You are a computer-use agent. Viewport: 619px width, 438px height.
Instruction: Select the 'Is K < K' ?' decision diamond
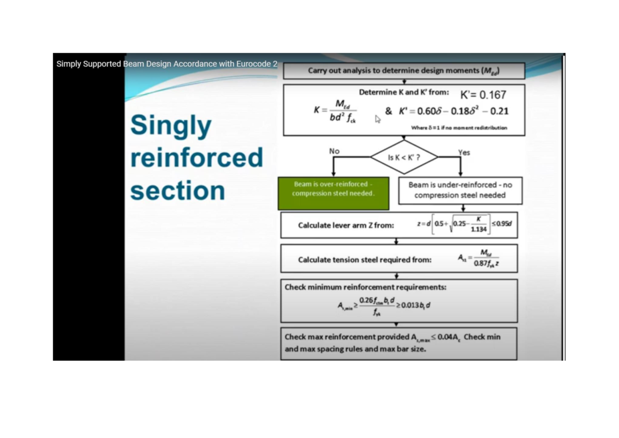[x=404, y=157]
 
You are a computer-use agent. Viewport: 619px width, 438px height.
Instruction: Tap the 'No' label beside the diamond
[x=334, y=151]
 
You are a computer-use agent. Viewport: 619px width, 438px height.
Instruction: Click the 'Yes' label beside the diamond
[x=464, y=152]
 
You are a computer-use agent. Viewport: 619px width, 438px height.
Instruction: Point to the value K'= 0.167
[x=483, y=95]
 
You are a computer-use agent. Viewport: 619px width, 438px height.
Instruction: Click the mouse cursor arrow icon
[x=378, y=119]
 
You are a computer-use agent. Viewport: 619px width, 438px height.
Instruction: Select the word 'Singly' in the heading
[x=171, y=125]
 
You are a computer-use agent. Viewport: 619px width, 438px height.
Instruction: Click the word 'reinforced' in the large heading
[x=197, y=157]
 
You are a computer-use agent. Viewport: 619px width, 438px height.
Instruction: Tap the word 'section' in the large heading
[x=177, y=190]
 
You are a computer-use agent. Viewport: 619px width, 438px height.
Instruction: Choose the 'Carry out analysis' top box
[x=404, y=71]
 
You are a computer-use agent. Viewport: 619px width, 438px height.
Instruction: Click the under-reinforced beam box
[x=460, y=190]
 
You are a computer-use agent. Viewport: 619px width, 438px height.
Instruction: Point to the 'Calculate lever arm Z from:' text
[x=346, y=225]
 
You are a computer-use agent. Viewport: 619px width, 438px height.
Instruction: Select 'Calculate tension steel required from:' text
[x=365, y=259]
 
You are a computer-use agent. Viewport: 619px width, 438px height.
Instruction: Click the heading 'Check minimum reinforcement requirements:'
[x=366, y=287]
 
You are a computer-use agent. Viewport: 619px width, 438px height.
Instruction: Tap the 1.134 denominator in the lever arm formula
[x=479, y=230]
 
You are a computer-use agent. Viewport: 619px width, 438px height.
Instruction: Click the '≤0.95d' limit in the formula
[x=501, y=223]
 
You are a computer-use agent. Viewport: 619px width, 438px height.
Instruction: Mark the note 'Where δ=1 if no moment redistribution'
[x=459, y=127]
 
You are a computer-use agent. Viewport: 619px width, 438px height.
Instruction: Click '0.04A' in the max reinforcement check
[x=448, y=337]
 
